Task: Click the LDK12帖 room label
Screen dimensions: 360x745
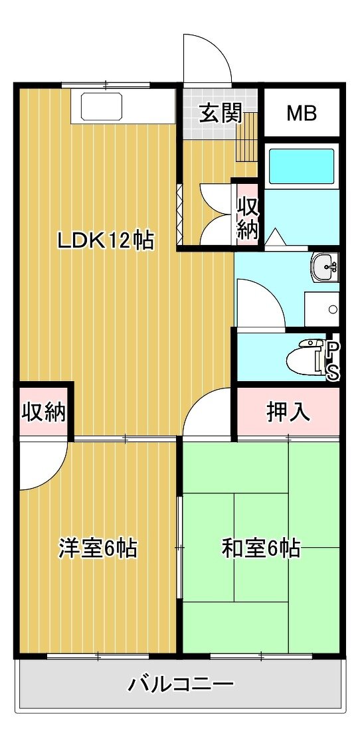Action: pyautogui.click(x=106, y=241)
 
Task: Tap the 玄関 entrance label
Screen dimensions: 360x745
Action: pyautogui.click(x=221, y=114)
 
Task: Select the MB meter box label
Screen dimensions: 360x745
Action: pyautogui.click(x=302, y=114)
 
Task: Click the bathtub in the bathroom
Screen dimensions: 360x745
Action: pyautogui.click(x=302, y=166)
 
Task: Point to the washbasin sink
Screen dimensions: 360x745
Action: pyautogui.click(x=325, y=267)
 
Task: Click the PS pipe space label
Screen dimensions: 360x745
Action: pyautogui.click(x=333, y=361)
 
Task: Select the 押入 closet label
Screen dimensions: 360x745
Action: pyautogui.click(x=288, y=412)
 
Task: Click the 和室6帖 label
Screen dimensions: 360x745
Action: pyautogui.click(x=261, y=548)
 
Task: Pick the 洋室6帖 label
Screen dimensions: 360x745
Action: pyautogui.click(x=98, y=548)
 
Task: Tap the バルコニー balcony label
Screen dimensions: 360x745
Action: pyautogui.click(x=181, y=685)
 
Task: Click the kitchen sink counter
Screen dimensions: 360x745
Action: pyautogui.click(x=122, y=106)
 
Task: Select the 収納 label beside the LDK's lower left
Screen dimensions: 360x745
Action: pyautogui.click(x=43, y=412)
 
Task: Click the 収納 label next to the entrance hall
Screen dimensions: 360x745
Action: pyautogui.click(x=248, y=218)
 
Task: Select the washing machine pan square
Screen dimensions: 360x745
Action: pyautogui.click(x=321, y=309)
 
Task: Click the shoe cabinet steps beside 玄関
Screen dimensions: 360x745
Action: pyautogui.click(x=247, y=138)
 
